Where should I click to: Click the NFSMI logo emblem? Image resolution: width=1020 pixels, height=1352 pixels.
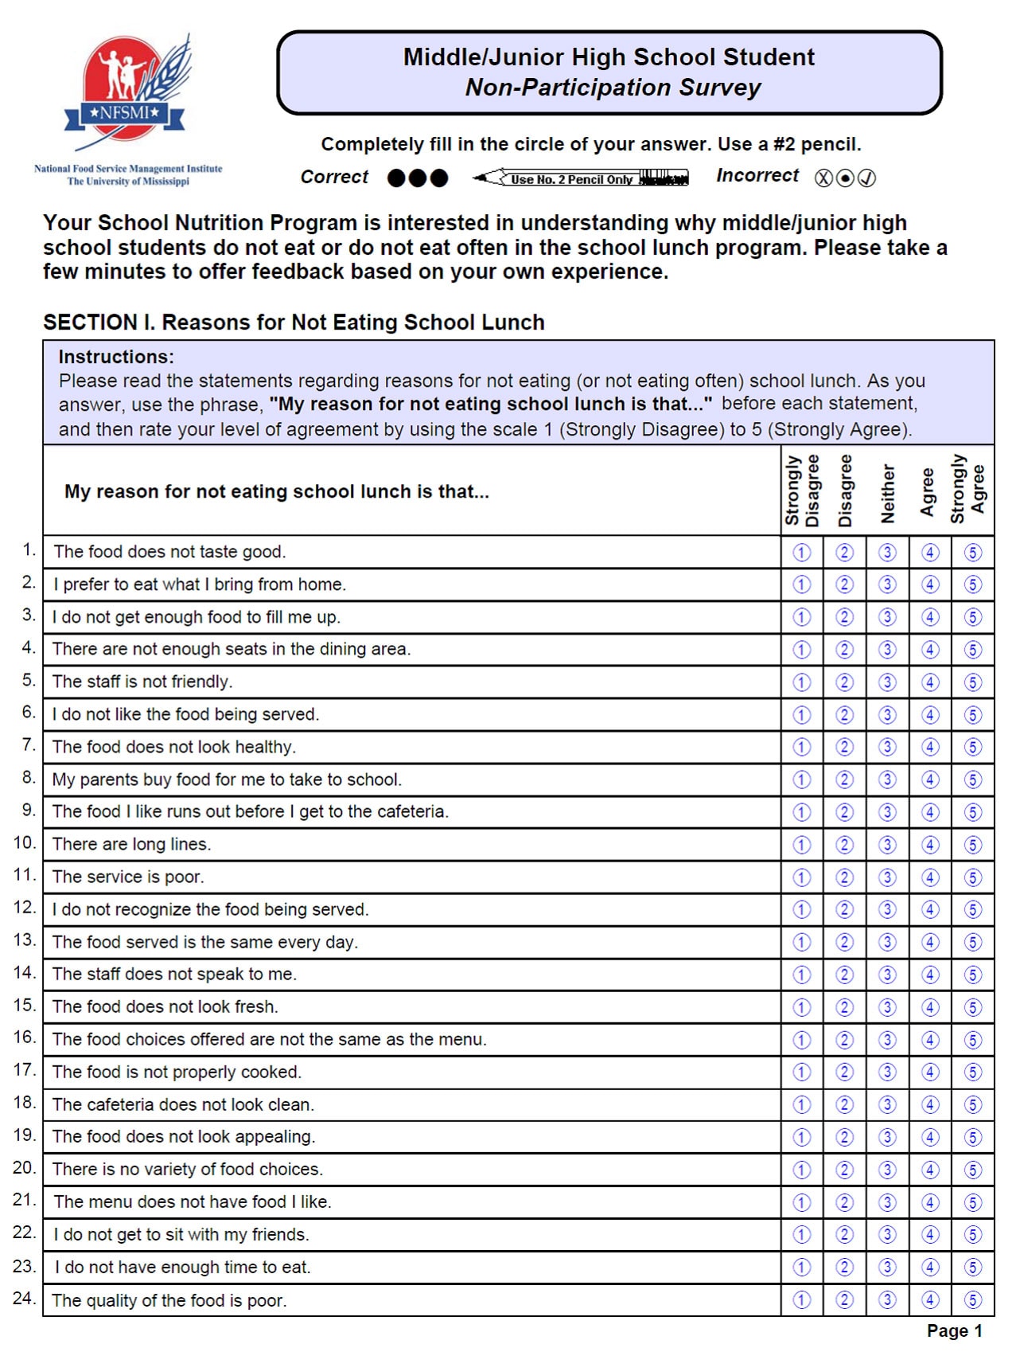pyautogui.click(x=127, y=92)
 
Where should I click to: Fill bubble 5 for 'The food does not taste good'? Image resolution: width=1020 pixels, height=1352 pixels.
pyautogui.click(x=972, y=552)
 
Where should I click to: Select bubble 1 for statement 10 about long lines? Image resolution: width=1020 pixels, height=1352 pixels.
pyautogui.click(x=801, y=845)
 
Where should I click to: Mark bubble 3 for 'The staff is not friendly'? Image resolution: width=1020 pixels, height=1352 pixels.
pyautogui.click(x=887, y=682)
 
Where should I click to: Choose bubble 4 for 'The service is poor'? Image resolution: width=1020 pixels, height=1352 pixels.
pyautogui.click(x=930, y=877)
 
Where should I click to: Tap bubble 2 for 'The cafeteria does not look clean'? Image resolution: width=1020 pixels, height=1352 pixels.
pyautogui.click(x=844, y=1105)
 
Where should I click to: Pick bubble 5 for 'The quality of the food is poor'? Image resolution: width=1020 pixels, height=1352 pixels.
pyautogui.click(x=972, y=1300)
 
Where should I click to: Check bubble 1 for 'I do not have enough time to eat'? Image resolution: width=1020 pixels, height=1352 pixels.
pyautogui.click(x=801, y=1268)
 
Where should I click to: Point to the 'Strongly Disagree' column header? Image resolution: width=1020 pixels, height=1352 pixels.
pyautogui.click(x=802, y=490)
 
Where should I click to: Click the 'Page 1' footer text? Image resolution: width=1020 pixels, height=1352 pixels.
pyautogui.click(x=954, y=1331)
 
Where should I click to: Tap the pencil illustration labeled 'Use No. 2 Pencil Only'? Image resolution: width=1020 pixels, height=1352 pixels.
pyautogui.click(x=581, y=178)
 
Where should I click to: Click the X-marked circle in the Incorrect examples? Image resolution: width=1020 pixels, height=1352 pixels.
pyautogui.click(x=823, y=178)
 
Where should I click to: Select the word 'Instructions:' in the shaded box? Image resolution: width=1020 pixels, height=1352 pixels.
pyautogui.click(x=116, y=357)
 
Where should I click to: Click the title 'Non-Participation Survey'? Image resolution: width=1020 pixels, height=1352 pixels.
pyautogui.click(x=613, y=88)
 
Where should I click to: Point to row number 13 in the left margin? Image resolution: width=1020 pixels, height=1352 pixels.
pyautogui.click(x=24, y=940)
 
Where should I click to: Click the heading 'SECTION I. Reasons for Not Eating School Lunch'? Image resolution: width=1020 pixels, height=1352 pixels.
pyautogui.click(x=294, y=322)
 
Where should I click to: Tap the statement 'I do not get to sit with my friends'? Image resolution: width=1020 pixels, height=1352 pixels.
pyautogui.click(x=181, y=1235)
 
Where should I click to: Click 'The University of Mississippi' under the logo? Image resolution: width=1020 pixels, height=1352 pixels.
pyautogui.click(x=128, y=182)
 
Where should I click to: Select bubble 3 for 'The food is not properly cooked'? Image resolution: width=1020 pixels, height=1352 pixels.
pyautogui.click(x=887, y=1073)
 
